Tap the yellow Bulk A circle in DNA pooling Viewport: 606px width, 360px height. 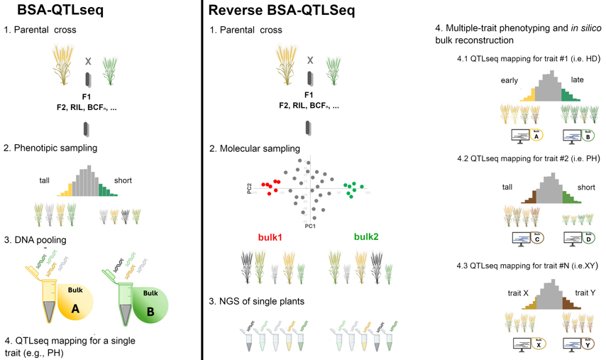click(76, 299)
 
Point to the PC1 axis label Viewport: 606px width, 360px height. click(309, 226)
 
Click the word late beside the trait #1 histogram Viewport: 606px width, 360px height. click(577, 80)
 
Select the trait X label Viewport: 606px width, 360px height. click(518, 293)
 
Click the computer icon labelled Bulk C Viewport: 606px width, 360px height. click(522, 239)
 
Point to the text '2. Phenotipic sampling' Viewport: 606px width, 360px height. click(50, 148)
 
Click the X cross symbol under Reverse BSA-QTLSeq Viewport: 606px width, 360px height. click(309, 60)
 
